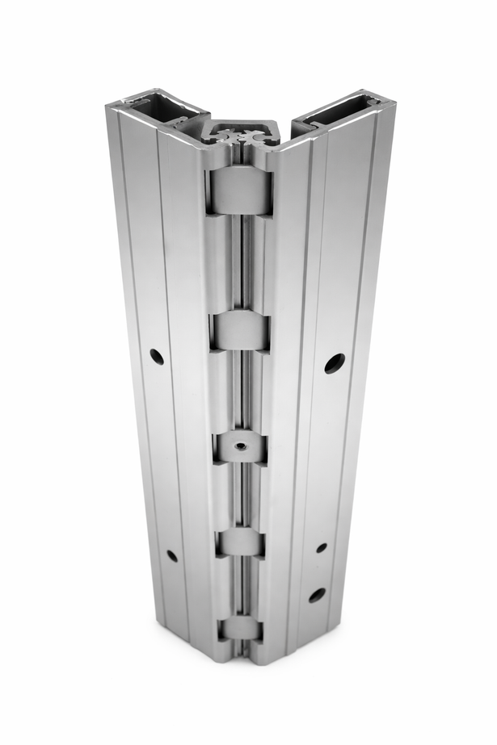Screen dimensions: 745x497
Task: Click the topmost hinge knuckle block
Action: tap(239, 191)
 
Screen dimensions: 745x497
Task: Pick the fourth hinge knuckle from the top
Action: tap(240, 542)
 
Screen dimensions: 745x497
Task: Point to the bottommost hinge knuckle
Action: tap(239, 627)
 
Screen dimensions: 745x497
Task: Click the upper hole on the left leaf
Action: tap(156, 356)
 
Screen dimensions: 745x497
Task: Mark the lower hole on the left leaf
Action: tap(171, 555)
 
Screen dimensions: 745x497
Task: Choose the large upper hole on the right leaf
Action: tap(335, 362)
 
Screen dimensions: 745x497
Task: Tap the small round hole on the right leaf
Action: tap(322, 547)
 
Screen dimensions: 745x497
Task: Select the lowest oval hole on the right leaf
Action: tap(318, 595)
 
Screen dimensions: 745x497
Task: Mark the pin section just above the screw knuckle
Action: tap(239, 391)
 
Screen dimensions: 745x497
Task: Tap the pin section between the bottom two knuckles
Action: tap(240, 587)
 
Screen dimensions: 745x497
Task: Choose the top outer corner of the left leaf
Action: tap(110, 107)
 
